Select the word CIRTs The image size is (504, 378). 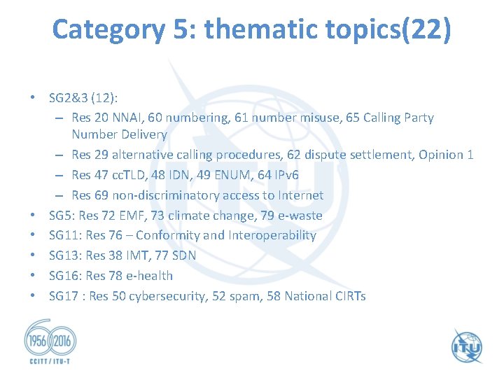coord(347,296)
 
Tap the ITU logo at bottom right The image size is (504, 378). coord(465,345)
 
